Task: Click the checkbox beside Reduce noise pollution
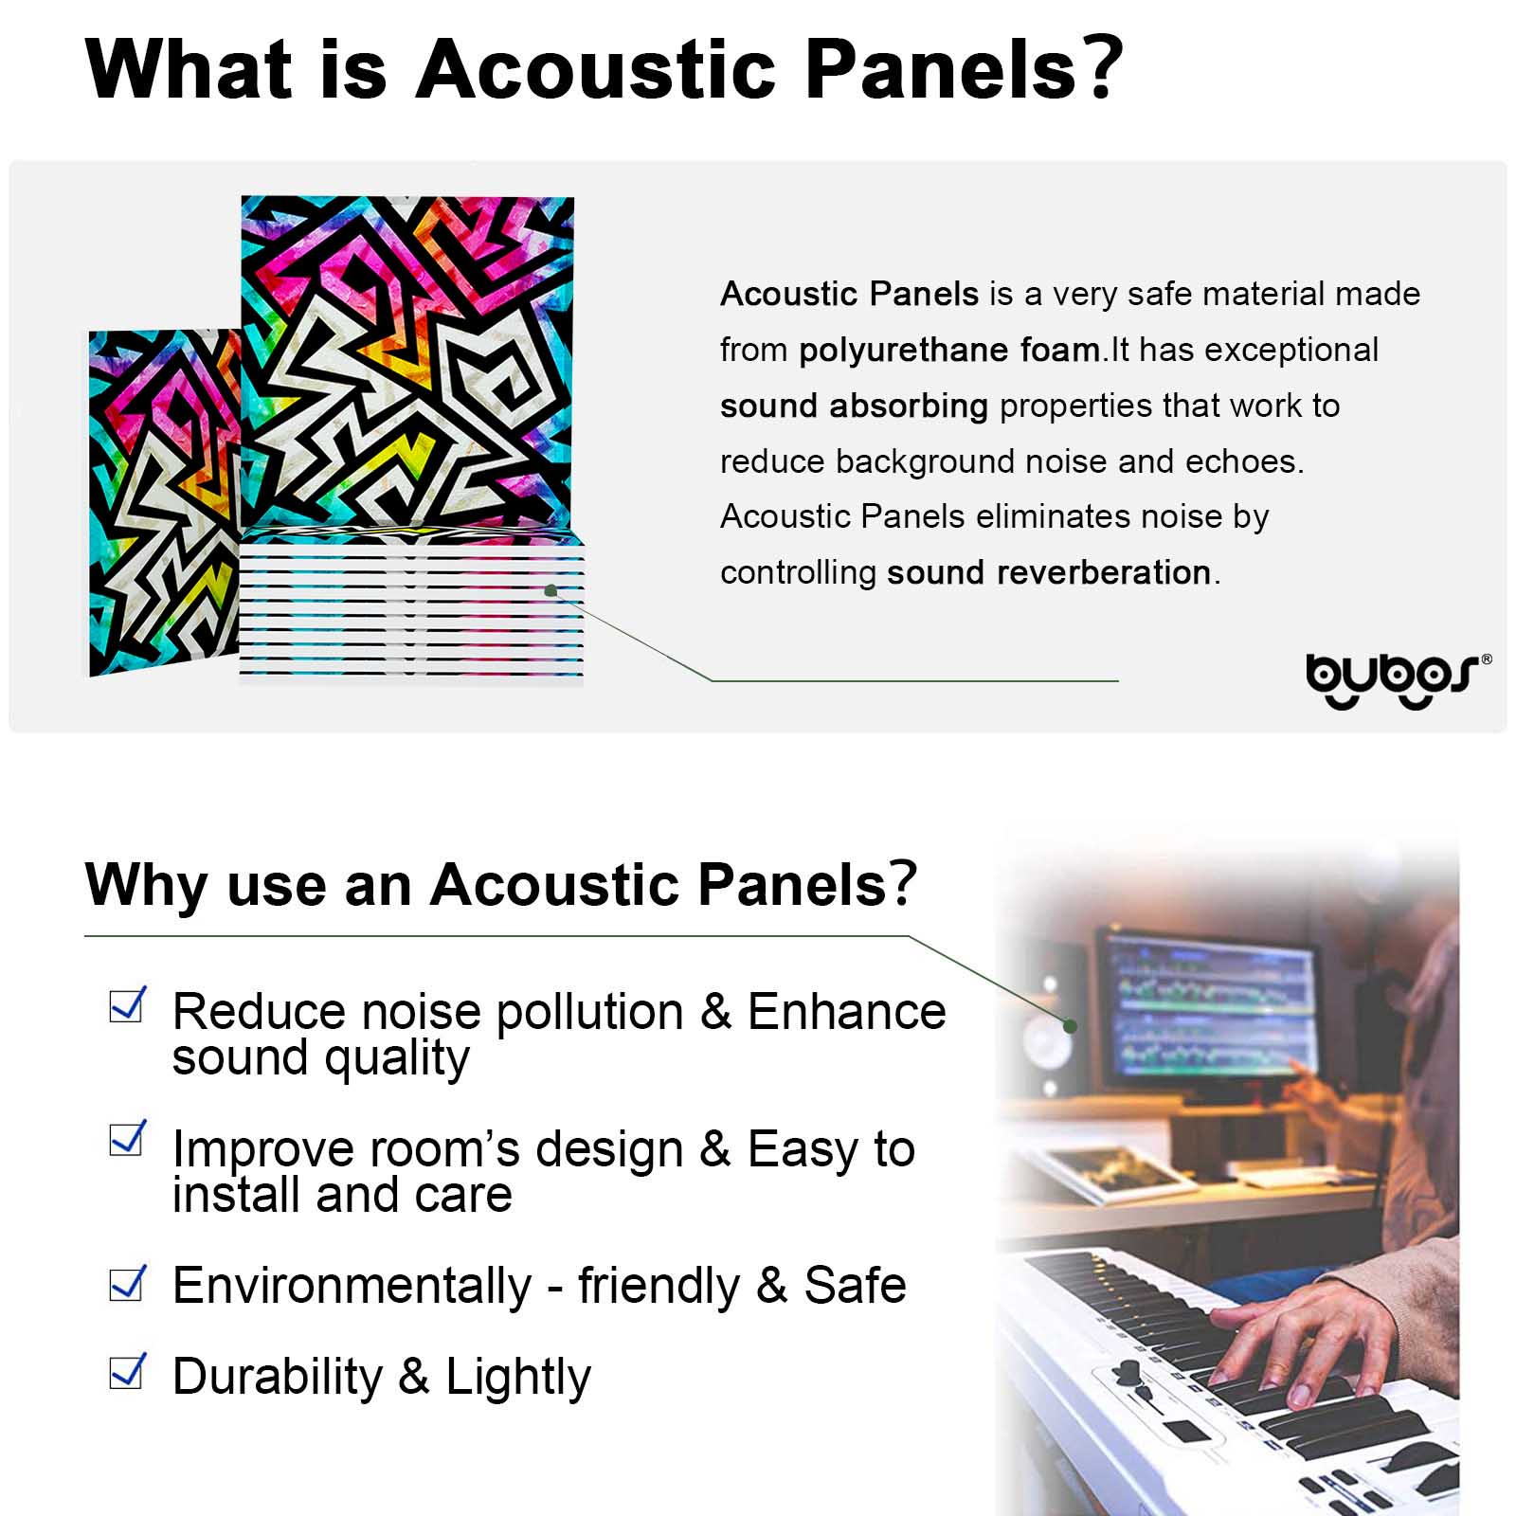tap(128, 1004)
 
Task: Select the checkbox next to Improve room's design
tap(128, 1138)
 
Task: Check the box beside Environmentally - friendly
tap(128, 1283)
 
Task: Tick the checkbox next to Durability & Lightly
tap(128, 1371)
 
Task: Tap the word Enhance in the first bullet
tap(846, 1011)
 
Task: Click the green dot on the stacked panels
tap(551, 590)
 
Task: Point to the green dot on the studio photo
tap(1070, 1025)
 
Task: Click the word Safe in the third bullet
tap(855, 1286)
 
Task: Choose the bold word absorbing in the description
tap(908, 406)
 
